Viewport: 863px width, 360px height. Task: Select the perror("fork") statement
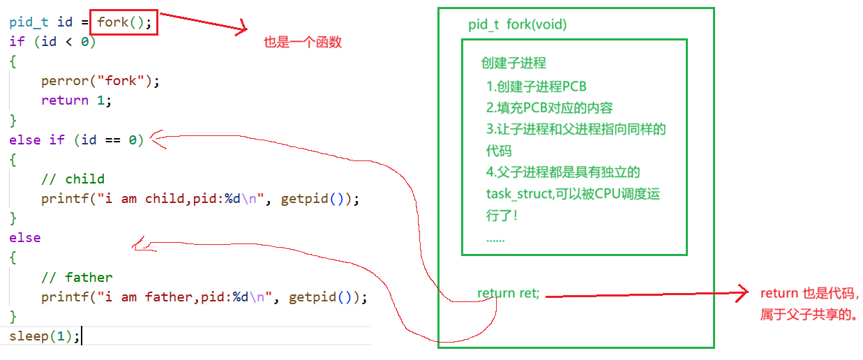[x=100, y=80]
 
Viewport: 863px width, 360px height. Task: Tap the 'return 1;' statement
[x=76, y=100]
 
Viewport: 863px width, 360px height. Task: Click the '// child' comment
[x=73, y=179]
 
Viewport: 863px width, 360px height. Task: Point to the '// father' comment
[x=77, y=277]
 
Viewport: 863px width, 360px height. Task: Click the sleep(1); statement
[x=45, y=336]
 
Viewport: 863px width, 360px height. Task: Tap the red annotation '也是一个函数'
[x=303, y=43]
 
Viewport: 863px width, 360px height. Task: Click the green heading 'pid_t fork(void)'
[x=518, y=25]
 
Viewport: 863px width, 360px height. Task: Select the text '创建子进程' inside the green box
[x=513, y=63]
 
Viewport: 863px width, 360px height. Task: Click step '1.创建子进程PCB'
[x=536, y=87]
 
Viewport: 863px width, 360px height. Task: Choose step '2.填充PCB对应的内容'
[x=550, y=108]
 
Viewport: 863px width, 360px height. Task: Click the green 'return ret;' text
[x=509, y=294]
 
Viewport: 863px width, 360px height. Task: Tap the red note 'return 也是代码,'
[x=809, y=294]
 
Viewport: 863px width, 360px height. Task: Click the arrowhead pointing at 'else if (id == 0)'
[x=156, y=138]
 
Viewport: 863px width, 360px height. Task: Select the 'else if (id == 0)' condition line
[x=76, y=140]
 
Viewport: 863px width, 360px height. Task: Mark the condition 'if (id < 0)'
[x=52, y=41]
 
